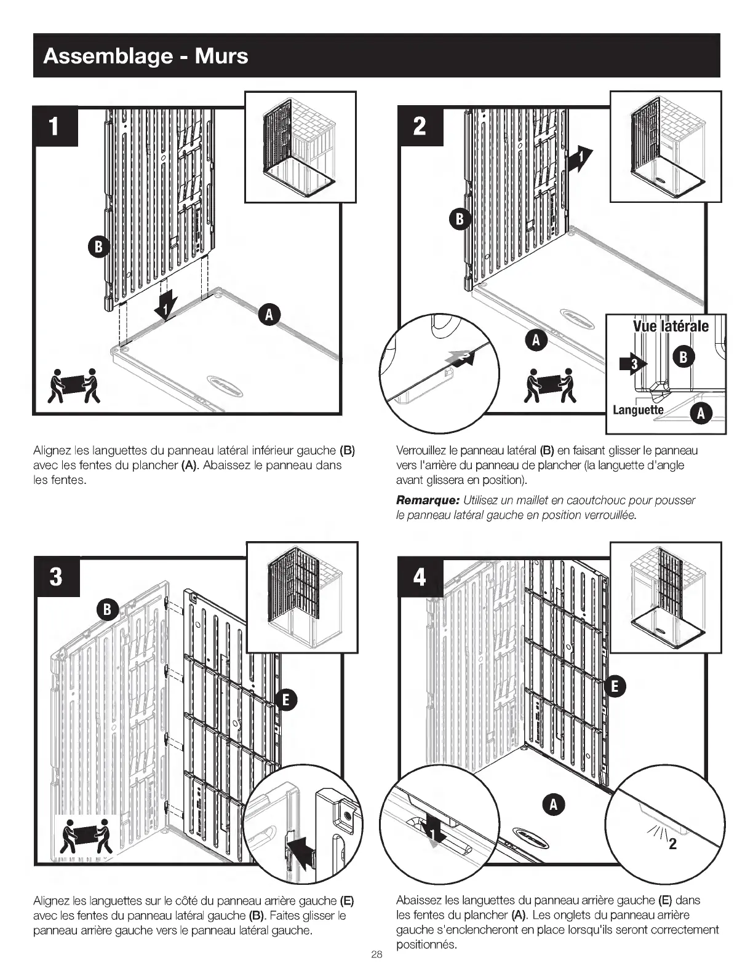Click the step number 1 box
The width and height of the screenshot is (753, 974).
pos(55,127)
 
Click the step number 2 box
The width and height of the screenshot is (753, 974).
pos(420,126)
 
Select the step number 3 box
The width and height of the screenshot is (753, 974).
pos(57,577)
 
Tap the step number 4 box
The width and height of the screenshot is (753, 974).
pos(420,577)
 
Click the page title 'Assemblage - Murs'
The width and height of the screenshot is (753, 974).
pos(146,56)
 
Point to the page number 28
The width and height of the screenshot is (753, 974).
pos(376,955)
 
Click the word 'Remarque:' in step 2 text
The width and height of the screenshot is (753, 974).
pos(428,501)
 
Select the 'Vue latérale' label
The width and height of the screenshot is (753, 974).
pos(671,326)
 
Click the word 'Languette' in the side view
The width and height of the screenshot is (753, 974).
pos(638,410)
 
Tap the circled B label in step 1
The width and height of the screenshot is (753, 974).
pos(98,247)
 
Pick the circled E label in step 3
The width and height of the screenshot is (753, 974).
pos(286,700)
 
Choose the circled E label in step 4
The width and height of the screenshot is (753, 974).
pos(615,687)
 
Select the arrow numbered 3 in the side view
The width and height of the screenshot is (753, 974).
pos(633,364)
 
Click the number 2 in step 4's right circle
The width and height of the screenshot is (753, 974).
pos(672,844)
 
